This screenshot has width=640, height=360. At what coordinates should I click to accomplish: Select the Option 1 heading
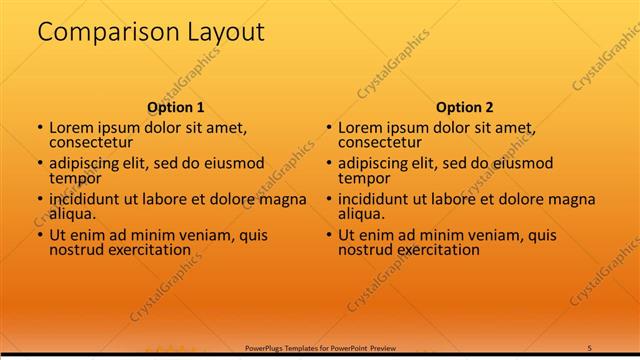176,107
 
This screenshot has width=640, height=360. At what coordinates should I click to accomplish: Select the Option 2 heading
465,107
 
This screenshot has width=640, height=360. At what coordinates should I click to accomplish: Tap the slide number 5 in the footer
590,347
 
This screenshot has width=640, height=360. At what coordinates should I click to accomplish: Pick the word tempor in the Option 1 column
74,178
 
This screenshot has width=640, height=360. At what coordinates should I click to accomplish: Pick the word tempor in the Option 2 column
363,178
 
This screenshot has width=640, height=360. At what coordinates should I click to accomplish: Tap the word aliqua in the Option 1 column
72,214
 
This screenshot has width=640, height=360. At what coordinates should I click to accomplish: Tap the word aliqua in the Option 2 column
361,214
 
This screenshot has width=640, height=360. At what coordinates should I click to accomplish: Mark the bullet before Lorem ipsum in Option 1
40,128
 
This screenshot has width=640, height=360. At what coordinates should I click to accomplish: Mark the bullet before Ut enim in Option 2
329,235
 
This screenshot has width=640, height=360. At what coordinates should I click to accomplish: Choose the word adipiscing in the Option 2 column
375,163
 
